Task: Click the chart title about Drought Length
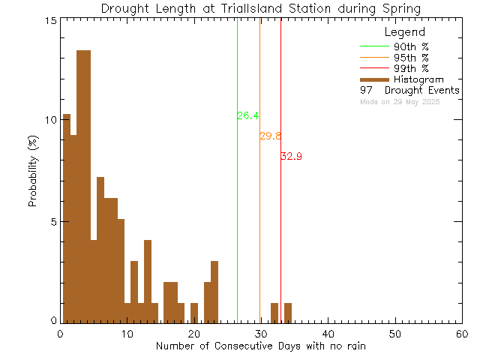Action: click(x=260, y=8)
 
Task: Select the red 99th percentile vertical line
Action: click(x=280, y=225)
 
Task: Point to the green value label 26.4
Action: click(x=248, y=115)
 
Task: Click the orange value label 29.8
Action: click(x=270, y=136)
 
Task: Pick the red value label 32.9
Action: click(x=291, y=156)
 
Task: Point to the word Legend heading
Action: click(x=404, y=32)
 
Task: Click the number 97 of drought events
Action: click(x=365, y=90)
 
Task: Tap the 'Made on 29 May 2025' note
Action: click(x=400, y=101)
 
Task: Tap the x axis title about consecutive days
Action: click(x=261, y=346)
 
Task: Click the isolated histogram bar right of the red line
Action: click(x=288, y=312)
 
